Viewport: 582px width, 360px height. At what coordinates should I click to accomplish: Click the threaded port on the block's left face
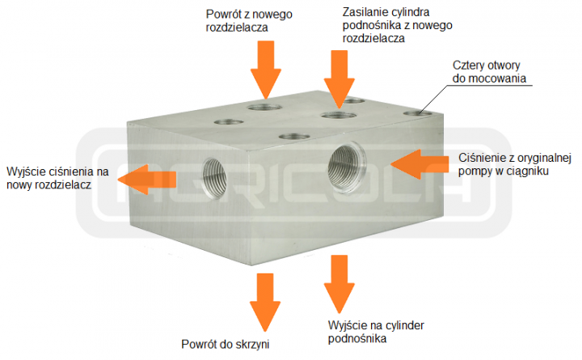click(214, 174)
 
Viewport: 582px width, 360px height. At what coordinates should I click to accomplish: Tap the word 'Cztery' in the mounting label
click(467, 65)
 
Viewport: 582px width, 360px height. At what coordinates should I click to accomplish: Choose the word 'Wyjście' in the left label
click(26, 171)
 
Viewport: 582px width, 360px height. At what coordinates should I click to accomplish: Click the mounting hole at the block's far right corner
click(419, 113)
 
